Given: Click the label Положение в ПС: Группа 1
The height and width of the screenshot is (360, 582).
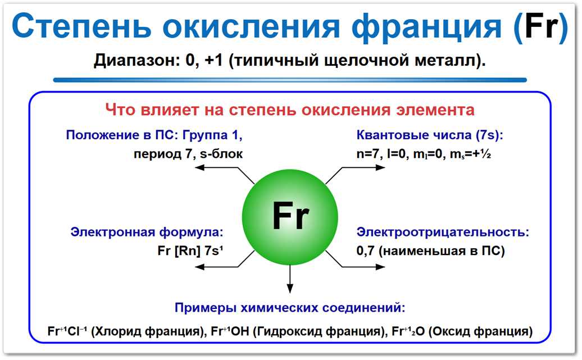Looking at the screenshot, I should pos(154,135).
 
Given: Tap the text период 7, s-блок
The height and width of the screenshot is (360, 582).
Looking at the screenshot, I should pos(188,153).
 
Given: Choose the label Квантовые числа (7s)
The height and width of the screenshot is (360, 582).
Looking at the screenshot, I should pos(430,135).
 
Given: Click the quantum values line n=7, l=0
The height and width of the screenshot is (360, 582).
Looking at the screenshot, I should pos(424,154).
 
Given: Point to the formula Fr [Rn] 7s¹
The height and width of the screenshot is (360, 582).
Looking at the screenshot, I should pos(191,250).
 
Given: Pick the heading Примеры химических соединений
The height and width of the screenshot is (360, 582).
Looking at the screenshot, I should pos(290,307).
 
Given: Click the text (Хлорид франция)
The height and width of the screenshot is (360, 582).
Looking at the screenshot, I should pos(147,331).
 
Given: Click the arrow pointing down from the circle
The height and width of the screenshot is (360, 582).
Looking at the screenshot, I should pos(290,281).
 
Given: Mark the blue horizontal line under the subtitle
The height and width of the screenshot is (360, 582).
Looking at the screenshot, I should pos(290,80).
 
